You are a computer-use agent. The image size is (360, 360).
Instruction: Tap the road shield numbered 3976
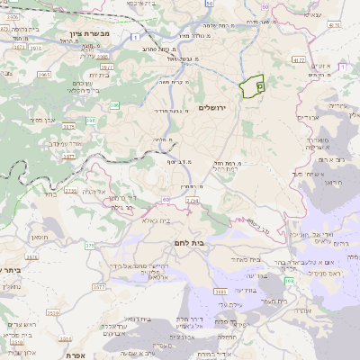pyautogui.click(x=15, y=29)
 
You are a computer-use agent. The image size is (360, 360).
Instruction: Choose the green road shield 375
pyautogui.click(x=88, y=243)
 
